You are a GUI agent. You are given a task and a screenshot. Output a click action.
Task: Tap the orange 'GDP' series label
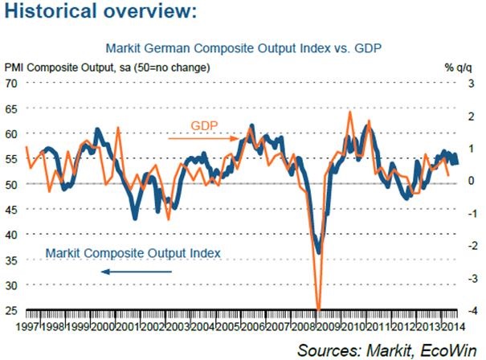tap(206, 125)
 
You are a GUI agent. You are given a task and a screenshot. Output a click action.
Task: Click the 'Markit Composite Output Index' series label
tap(133, 252)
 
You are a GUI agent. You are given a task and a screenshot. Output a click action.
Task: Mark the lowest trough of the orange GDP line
tap(319, 309)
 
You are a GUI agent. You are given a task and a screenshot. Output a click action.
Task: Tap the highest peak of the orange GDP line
tap(350, 112)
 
